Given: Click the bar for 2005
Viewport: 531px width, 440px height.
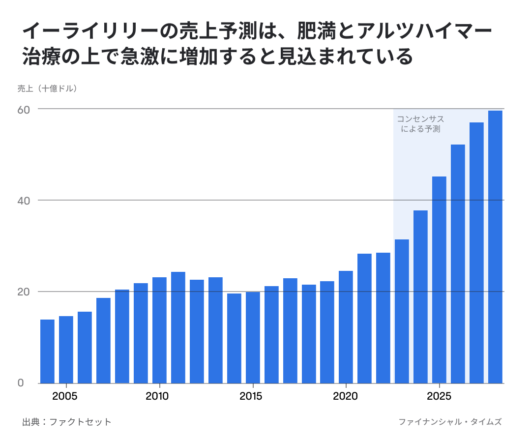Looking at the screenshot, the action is (66, 350).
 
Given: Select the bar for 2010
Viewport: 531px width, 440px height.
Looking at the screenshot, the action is (159, 330).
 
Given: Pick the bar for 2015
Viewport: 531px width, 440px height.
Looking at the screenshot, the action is (253, 337).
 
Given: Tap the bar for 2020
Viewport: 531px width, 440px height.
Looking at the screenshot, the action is (346, 327).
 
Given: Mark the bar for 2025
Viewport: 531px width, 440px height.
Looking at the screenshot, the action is (439, 280).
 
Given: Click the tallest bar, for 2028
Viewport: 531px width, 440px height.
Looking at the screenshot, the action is (495, 247).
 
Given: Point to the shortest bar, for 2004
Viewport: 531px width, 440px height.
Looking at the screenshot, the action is (47, 351).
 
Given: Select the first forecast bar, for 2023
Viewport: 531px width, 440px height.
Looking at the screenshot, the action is (402, 311).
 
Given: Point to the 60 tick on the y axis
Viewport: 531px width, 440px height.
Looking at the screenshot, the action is (24, 110).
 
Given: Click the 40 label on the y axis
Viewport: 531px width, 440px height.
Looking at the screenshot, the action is (24, 201).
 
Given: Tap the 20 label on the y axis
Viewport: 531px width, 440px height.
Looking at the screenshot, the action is (24, 292).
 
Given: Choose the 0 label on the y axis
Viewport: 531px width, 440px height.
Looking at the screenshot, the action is (21, 383).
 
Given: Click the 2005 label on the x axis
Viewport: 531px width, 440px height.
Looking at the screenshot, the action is (65, 396).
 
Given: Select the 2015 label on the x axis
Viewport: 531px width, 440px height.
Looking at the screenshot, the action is (251, 396).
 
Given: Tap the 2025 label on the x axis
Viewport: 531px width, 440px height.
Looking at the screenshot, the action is (439, 396).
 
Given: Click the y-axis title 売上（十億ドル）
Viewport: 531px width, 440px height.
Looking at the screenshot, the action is (47, 88).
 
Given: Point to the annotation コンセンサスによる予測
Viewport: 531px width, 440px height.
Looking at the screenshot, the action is (420, 124).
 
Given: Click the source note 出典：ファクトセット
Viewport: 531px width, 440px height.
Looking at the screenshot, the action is (67, 422).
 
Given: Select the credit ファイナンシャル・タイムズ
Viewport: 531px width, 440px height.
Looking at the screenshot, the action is (450, 422).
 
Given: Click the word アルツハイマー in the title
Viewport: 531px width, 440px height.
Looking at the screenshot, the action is (424, 31).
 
